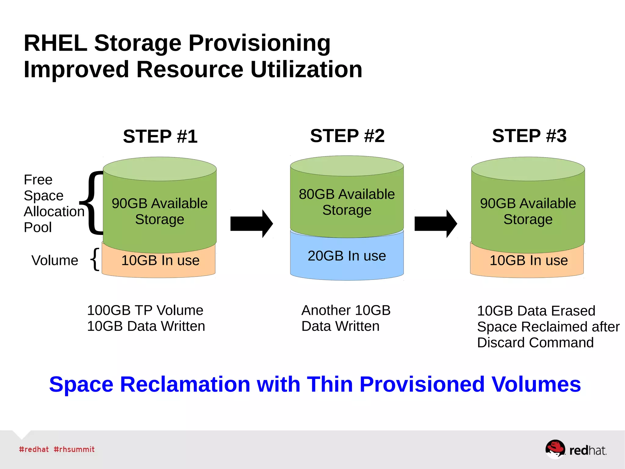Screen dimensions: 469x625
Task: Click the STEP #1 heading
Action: (x=160, y=136)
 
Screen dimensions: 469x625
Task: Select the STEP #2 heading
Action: (x=347, y=136)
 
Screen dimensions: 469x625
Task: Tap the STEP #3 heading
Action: (x=529, y=136)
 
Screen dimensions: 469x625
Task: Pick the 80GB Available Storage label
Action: (x=347, y=202)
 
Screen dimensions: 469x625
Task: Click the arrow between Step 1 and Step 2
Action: (x=251, y=224)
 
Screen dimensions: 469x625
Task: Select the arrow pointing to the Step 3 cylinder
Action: (x=435, y=224)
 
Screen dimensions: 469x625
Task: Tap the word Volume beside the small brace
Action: (x=55, y=261)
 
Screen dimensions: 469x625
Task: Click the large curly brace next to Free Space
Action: (x=92, y=203)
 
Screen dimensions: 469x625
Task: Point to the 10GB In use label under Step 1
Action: (x=160, y=261)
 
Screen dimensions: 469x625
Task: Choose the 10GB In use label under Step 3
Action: (x=529, y=261)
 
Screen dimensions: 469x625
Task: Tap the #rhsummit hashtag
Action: (x=74, y=449)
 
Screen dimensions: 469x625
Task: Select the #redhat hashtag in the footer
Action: (x=34, y=449)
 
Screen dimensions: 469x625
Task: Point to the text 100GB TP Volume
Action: (x=145, y=310)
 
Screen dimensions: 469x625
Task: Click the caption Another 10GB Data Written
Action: (x=345, y=318)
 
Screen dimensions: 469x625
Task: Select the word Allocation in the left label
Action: (x=54, y=211)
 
